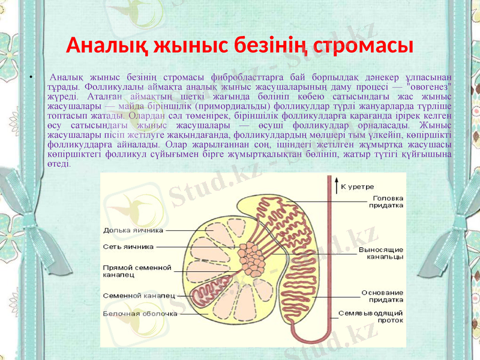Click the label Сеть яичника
click(128, 246)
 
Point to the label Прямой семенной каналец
click(137, 271)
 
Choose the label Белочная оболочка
click(140, 313)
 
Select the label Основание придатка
click(382, 297)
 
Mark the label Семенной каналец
click(139, 295)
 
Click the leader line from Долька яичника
click(186, 229)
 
